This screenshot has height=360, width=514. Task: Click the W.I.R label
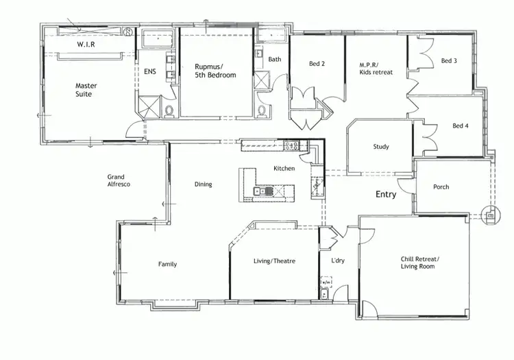86,45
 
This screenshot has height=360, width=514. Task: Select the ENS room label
149,71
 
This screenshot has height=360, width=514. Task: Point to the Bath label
275,60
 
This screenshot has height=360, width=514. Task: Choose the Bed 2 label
317,64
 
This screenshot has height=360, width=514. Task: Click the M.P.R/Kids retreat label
376,68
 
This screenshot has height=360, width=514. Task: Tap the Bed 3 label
449,61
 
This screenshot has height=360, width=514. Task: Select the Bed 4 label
461,125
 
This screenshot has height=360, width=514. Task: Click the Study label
381,147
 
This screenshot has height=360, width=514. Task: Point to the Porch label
441,187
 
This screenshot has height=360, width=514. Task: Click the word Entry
386,195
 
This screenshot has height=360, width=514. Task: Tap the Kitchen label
284,168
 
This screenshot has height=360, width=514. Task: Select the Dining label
203,184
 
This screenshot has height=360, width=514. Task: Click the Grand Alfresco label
119,180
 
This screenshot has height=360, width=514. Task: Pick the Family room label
168,264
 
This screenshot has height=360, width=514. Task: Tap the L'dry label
337,261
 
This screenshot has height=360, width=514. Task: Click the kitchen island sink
264,191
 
